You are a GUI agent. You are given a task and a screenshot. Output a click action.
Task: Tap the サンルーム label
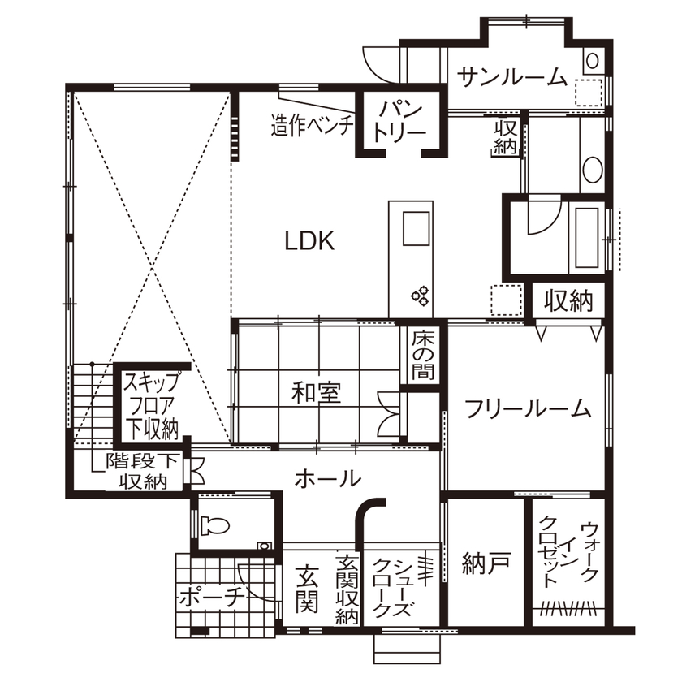click(x=511, y=77)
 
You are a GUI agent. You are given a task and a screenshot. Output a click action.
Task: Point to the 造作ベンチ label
click(x=312, y=126)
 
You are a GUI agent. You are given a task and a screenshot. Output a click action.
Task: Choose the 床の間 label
click(x=422, y=356)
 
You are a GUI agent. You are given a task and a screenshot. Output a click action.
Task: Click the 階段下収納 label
click(x=144, y=471)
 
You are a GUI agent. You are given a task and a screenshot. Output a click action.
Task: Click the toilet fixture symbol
click(x=215, y=525)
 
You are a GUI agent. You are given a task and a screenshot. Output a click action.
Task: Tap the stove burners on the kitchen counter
click(x=421, y=296)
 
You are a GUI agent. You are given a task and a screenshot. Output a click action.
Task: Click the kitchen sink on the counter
click(x=417, y=227)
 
